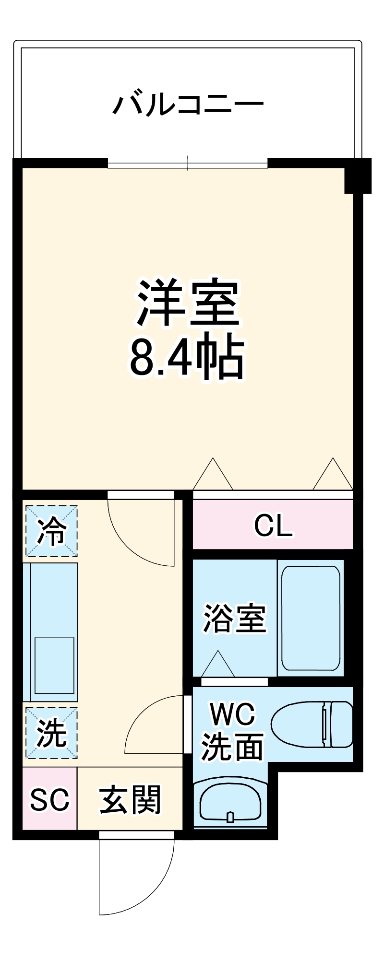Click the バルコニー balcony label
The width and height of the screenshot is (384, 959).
188,104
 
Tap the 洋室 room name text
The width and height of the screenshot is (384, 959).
188,303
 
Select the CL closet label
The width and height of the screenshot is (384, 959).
273,526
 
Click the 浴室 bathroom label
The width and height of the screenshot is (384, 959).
234,619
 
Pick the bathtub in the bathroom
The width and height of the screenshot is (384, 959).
311,618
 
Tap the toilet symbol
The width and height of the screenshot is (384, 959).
312,724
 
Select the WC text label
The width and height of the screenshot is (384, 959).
233,715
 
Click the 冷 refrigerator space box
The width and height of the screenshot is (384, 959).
51,531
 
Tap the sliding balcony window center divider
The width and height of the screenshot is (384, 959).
188,163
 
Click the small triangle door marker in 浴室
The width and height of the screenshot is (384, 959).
218,664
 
